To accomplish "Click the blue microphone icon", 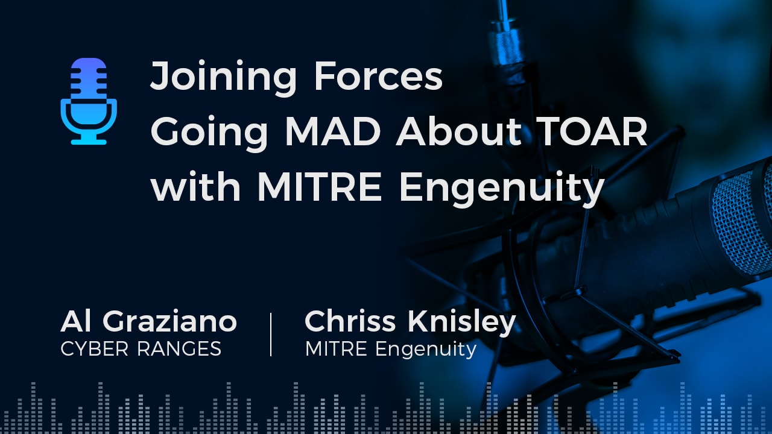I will [x=89, y=101].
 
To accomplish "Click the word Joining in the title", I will [x=223, y=78].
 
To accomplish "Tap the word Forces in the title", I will [x=379, y=78].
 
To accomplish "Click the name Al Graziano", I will [x=148, y=322].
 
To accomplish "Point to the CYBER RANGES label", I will [x=141, y=348].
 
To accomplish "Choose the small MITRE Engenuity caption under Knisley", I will [x=391, y=348].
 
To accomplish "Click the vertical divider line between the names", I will [x=270, y=334].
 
